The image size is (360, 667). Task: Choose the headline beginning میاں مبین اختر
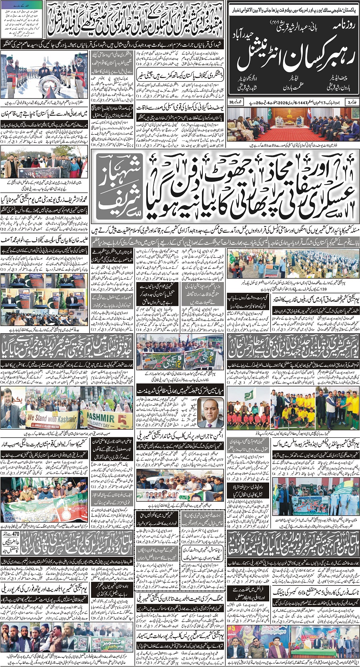point(181,389)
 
